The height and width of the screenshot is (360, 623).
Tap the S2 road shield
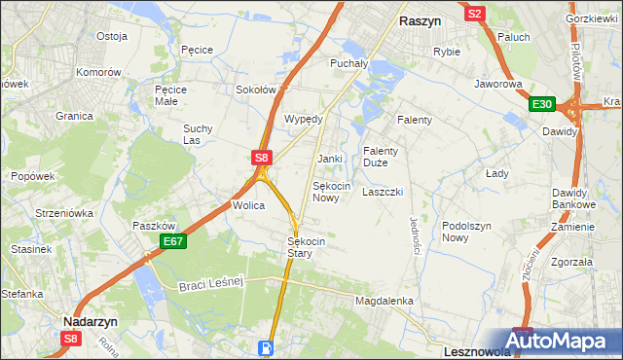[x=475, y=14]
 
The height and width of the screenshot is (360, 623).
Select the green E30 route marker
[x=542, y=104]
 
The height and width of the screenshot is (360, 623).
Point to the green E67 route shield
[x=173, y=241]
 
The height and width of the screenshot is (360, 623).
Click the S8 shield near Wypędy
[x=261, y=157]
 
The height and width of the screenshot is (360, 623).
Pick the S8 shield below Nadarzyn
[x=70, y=338]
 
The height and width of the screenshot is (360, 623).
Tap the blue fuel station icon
[x=265, y=346]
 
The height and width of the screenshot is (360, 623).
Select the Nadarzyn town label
[x=90, y=320]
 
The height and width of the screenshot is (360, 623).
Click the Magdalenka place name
[x=385, y=302]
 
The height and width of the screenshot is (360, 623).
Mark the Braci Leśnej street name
[x=209, y=283]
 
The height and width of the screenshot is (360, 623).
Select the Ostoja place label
[x=112, y=36]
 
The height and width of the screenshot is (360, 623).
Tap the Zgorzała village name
[x=571, y=262]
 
